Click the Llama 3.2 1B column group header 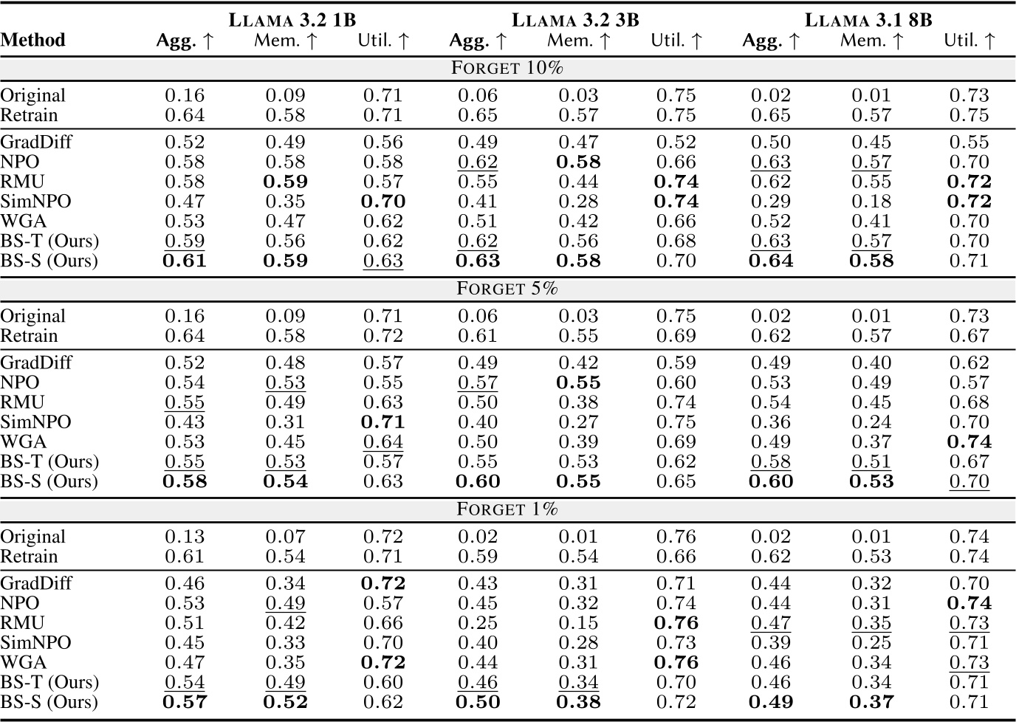292,19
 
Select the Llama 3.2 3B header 574,19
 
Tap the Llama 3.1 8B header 868,19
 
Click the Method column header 32,40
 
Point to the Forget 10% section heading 507,68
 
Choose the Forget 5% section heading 507,288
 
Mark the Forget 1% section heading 507,509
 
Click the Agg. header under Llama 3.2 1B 185,41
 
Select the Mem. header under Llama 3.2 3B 579,41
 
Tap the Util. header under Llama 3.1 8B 970,41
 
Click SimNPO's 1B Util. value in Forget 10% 382,202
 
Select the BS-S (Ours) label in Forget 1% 49,702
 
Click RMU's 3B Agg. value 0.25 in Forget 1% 478,623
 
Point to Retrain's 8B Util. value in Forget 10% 969,115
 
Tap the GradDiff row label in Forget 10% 36,142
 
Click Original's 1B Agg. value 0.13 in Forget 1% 185,537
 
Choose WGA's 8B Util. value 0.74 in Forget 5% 969,441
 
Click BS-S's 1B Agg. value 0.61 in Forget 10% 185,261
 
